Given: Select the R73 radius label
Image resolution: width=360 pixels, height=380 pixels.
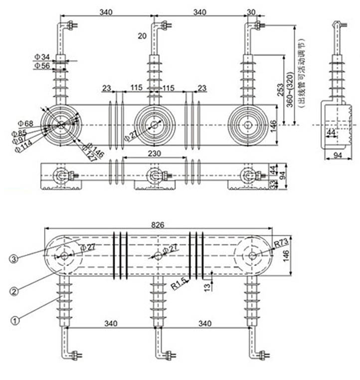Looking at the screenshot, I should tap(281, 244).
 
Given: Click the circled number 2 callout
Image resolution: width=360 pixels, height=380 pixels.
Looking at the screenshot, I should tap(15, 290).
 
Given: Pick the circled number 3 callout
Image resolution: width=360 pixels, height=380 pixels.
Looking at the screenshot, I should tap(15, 259).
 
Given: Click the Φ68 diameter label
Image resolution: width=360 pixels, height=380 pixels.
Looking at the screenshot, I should tap(25, 123).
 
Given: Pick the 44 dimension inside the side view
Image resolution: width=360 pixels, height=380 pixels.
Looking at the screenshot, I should tap(332, 132).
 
